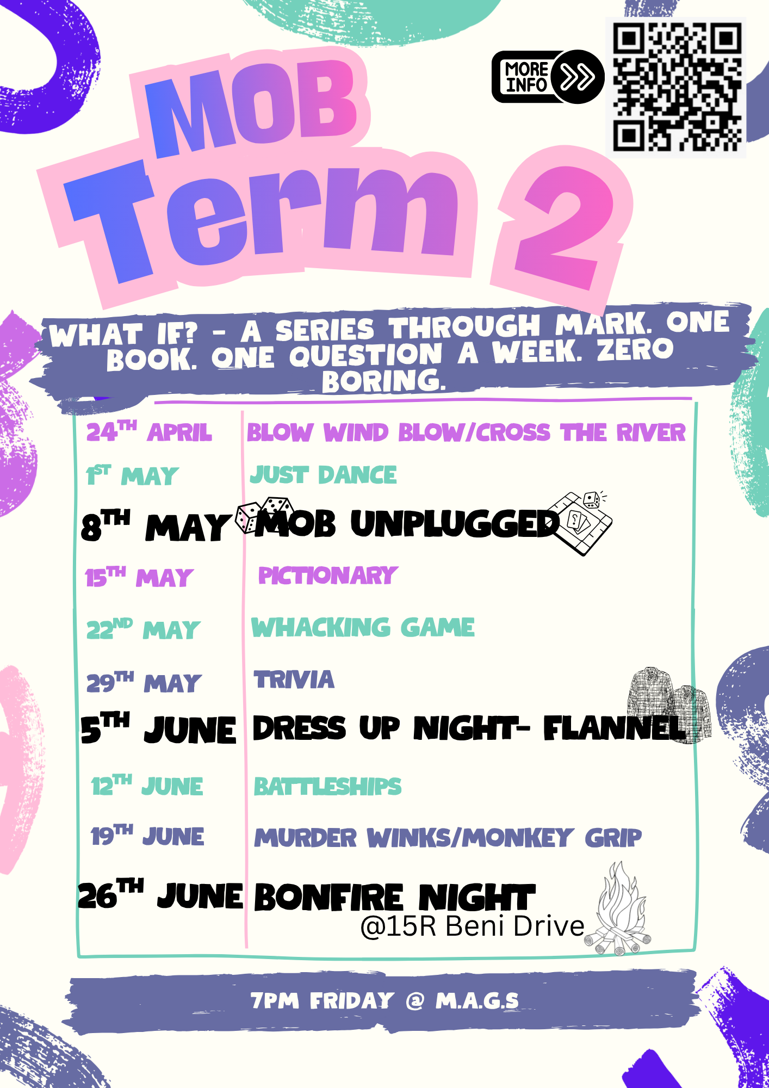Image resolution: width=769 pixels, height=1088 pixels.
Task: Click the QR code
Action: [x=676, y=87]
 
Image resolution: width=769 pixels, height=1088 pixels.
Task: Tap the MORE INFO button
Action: [x=547, y=77]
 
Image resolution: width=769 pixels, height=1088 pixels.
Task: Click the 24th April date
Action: [x=148, y=432]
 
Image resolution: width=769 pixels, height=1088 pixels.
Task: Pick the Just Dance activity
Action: [x=323, y=475]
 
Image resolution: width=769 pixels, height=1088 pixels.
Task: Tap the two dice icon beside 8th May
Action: [x=264, y=514]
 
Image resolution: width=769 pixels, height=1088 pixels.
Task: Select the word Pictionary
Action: [x=327, y=576]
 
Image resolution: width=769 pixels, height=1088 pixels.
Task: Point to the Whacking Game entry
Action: [x=363, y=627]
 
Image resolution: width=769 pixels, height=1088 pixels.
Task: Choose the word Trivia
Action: [x=294, y=680]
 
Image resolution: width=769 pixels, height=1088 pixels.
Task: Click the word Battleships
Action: [x=327, y=787]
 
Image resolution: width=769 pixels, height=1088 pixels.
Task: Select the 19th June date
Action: [x=147, y=836]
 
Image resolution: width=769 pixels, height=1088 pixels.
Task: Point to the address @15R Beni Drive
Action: [x=472, y=926]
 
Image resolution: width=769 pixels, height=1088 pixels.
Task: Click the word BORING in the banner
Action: [x=384, y=380]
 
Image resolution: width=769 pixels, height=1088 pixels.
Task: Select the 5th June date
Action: [x=158, y=729]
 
